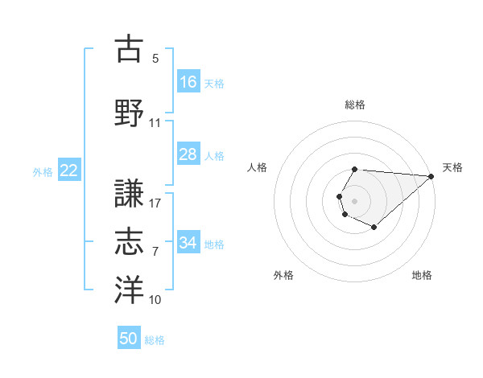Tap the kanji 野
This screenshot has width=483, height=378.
coord(129,113)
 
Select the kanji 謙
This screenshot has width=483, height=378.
coord(129,193)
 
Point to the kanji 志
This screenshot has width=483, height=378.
coord(129,241)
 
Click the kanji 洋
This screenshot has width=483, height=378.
coord(129,289)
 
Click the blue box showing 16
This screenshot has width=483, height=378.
coord(188,82)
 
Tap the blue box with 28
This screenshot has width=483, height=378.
coord(188,154)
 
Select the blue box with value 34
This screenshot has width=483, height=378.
coord(188,243)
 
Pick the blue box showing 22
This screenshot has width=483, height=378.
coord(69,171)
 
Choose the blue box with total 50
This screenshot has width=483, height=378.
coord(129,339)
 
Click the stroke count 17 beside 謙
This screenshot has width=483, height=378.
coord(155,203)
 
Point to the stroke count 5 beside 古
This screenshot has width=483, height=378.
coord(155,59)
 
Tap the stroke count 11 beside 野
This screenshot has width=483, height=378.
coord(155,123)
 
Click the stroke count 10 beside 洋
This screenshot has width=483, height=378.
coord(155,300)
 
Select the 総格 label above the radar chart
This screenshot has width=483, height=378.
coord(354,105)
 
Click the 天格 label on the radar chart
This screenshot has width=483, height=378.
coord(452,167)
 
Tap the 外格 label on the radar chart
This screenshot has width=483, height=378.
coord(283,275)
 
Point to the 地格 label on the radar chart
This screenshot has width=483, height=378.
coord(422,275)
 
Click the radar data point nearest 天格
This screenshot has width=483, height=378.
coord(431,176)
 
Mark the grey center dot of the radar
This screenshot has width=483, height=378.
coord(354,199)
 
